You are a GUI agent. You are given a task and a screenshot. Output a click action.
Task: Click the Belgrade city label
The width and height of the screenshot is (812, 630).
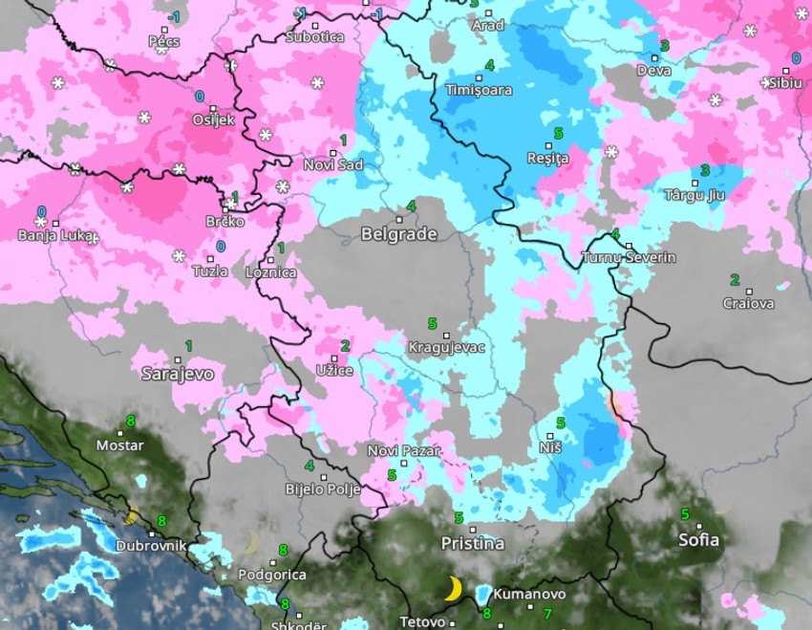(398, 234)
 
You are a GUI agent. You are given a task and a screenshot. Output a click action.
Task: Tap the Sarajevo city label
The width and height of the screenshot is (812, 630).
(178, 374)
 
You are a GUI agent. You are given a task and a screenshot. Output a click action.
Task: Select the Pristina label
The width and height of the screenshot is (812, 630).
(472, 543)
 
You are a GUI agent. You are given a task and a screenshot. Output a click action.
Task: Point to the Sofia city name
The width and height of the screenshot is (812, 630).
(698, 539)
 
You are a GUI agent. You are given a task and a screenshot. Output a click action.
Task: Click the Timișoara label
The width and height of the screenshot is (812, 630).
(479, 90)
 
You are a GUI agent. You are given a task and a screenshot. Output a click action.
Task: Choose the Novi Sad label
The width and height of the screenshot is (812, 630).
(332, 164)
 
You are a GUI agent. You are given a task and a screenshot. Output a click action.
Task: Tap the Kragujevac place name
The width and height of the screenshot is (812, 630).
(446, 347)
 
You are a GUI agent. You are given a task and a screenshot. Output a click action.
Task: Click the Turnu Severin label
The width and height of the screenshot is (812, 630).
(629, 258)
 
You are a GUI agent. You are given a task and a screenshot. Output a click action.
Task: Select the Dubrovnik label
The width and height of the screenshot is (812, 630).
(151, 547)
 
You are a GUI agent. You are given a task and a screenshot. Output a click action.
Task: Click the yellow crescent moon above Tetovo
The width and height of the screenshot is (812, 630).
(454, 588)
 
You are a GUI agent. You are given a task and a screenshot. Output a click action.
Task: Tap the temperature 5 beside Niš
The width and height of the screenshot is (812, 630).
(561, 423)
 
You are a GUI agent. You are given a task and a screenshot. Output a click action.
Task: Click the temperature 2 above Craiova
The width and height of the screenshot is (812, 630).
(734, 280)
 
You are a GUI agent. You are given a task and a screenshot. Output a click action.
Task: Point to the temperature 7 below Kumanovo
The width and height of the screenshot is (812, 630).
(547, 613)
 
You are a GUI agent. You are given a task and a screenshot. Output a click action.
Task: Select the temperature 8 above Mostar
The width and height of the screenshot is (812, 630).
(130, 420)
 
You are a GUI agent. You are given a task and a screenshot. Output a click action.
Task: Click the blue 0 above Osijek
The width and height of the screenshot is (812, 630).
(200, 97)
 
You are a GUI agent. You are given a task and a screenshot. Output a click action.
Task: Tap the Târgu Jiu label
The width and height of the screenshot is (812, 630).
(694, 195)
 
